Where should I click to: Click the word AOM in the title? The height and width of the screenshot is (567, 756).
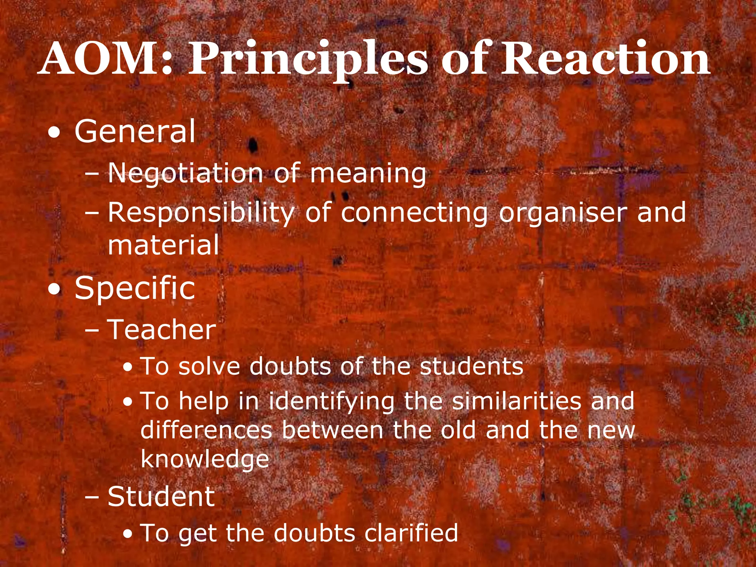pos(105,58)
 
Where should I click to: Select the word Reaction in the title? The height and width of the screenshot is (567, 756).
pos(605,58)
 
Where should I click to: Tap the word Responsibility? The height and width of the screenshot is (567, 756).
pos(201,213)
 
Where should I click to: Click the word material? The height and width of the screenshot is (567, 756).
pos(164,245)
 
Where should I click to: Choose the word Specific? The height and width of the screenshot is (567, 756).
pos(135,288)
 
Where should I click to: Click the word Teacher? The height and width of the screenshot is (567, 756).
pos(162,330)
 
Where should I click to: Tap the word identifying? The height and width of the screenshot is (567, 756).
pos(331,402)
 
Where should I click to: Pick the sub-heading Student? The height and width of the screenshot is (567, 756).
pos(161,496)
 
